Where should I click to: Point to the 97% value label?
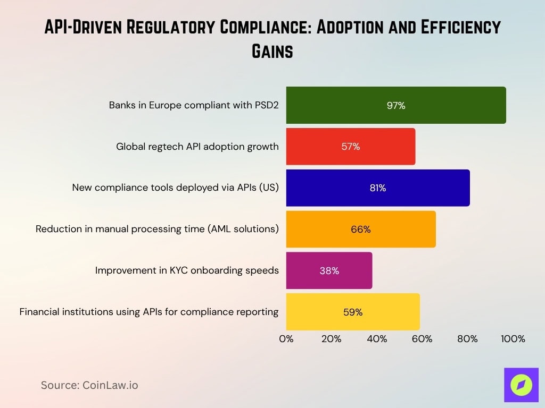coord(396,105)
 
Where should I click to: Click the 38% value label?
coord(329,270)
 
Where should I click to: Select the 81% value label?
coord(378,188)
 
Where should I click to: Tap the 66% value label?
coord(361,229)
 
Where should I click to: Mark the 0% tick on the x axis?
coord(286,339)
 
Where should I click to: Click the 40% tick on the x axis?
coord(377,339)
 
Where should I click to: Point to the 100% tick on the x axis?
coord(513,339)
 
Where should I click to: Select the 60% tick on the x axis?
coord(422,339)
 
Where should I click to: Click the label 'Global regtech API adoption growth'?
coord(197,146)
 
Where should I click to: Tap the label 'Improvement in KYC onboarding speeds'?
coord(187,270)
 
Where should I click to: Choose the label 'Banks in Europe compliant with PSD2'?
coord(194,105)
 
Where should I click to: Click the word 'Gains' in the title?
coord(272,52)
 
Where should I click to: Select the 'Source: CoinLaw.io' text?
coord(89,385)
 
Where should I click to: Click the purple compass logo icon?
coord(521,385)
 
